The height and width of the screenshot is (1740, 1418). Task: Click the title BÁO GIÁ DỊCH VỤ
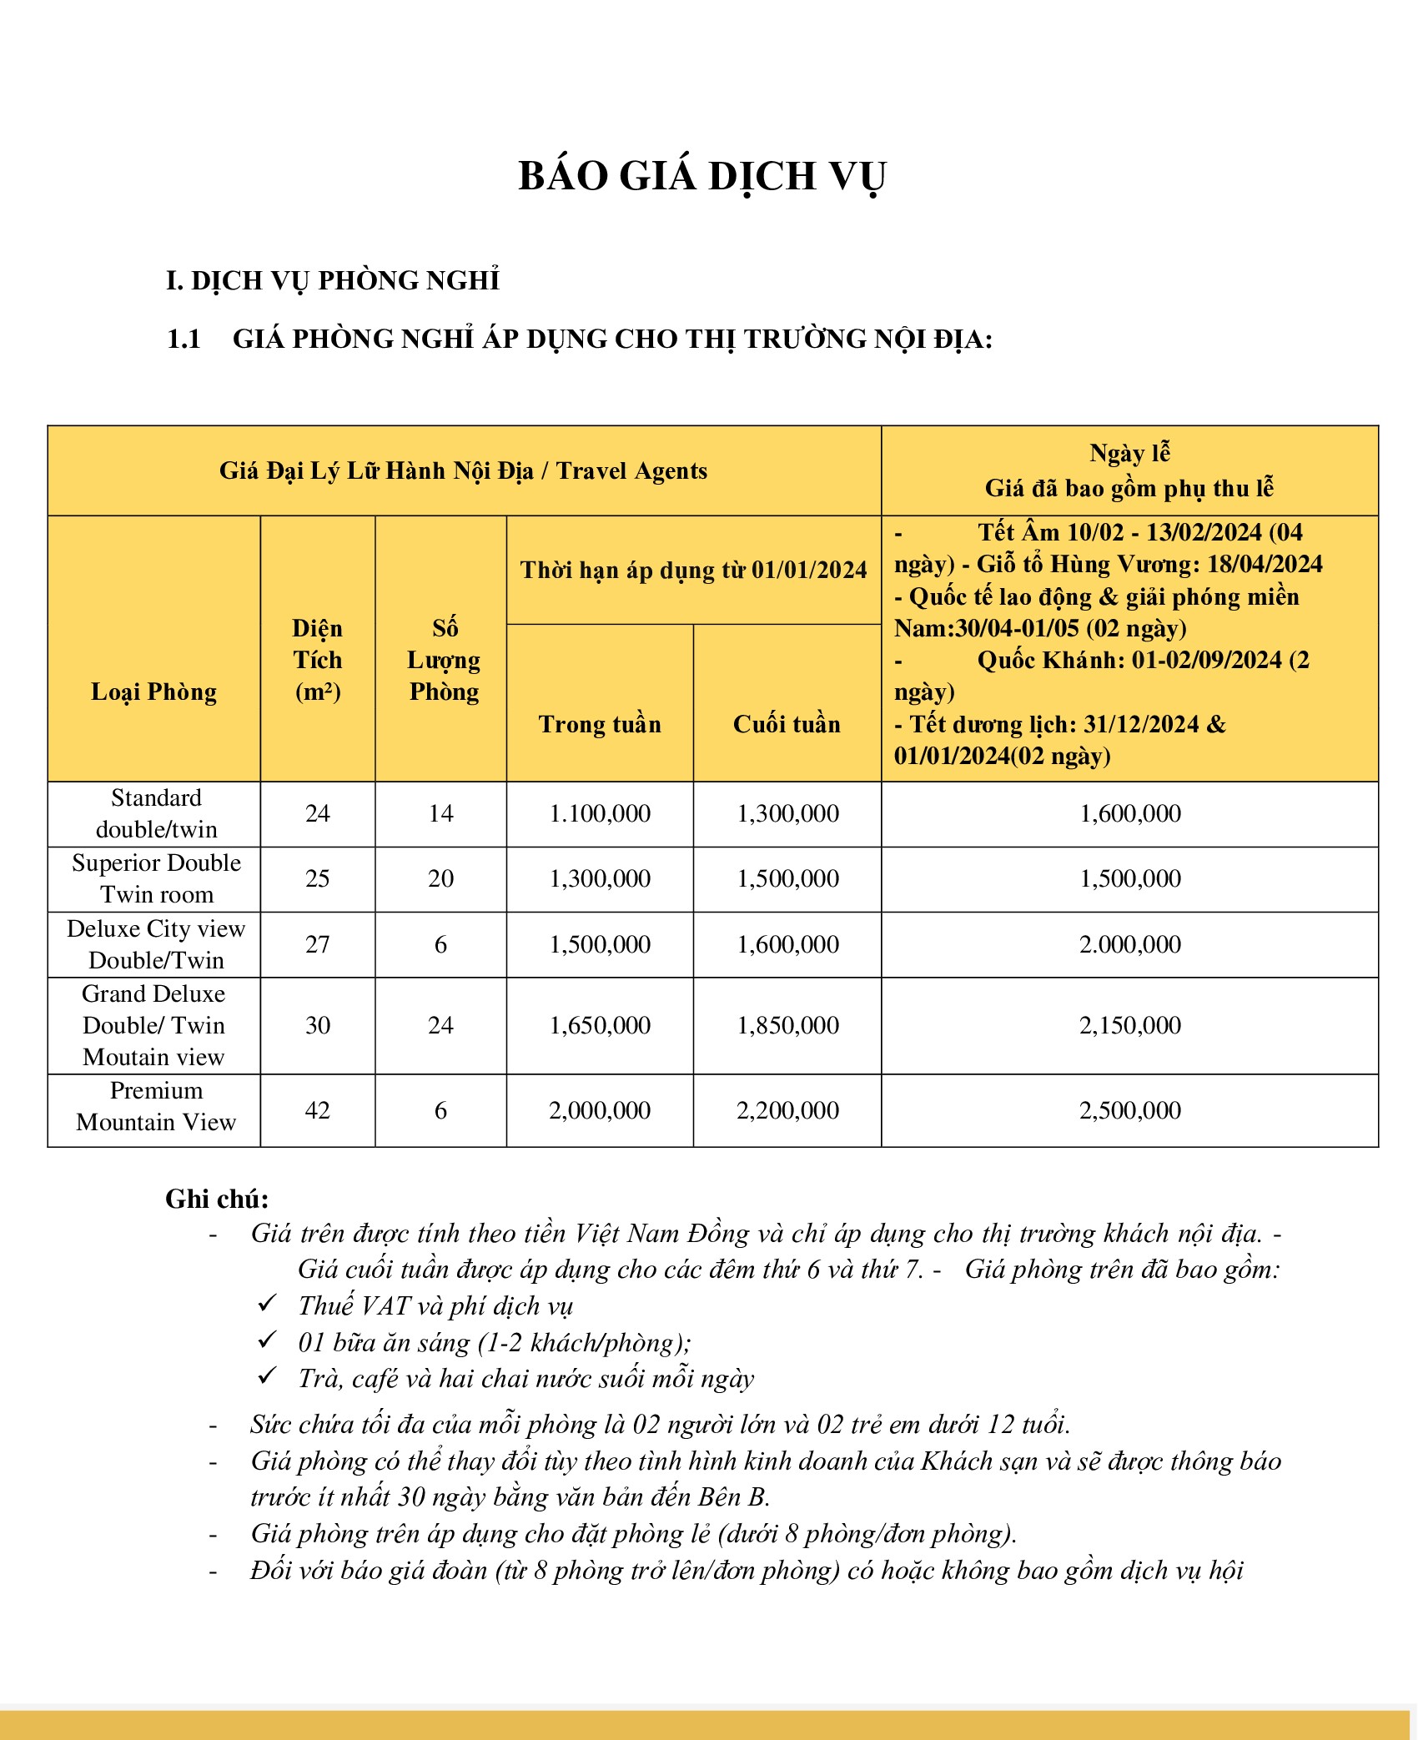(x=701, y=177)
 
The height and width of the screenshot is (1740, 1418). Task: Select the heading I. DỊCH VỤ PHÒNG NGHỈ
(x=332, y=280)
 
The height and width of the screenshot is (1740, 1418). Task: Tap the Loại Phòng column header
(x=154, y=691)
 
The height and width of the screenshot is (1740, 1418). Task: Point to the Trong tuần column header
(x=600, y=724)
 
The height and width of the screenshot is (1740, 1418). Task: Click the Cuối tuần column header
(x=787, y=724)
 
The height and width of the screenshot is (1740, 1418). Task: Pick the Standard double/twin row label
(x=156, y=813)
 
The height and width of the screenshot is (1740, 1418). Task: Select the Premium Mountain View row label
(x=156, y=1106)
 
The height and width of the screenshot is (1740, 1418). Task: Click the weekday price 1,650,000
(x=600, y=1025)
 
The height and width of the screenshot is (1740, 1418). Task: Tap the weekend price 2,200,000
(x=787, y=1110)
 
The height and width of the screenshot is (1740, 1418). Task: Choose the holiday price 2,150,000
(x=1130, y=1025)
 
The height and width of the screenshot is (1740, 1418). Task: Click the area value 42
(x=318, y=1110)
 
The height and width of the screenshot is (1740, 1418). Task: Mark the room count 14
(x=440, y=813)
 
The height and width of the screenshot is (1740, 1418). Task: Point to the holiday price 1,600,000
(x=1130, y=813)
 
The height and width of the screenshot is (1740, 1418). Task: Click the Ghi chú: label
(x=217, y=1199)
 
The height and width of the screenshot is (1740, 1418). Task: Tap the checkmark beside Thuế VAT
(x=267, y=1302)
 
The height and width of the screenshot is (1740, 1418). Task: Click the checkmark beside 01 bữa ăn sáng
(x=267, y=1340)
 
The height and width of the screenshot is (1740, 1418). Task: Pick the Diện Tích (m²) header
(x=318, y=660)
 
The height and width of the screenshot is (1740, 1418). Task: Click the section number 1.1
(x=184, y=339)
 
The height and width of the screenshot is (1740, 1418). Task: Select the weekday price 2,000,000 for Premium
(x=600, y=1110)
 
